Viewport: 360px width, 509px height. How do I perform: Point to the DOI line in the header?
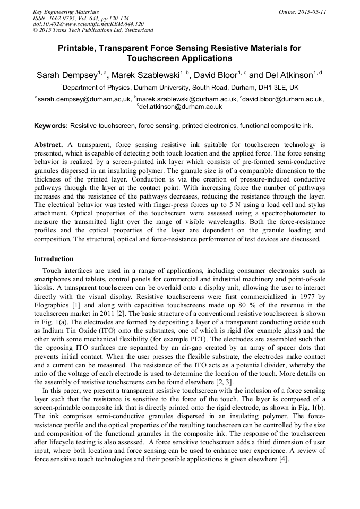[x=88, y=24]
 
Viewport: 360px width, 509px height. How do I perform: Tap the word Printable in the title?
[x=80, y=48]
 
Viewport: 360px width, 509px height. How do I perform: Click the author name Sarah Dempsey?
[x=66, y=75]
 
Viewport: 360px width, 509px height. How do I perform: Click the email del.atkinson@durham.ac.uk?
[x=181, y=106]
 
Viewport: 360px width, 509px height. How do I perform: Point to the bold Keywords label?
[x=51, y=126]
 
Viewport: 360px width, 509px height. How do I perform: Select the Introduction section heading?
[x=54, y=259]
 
